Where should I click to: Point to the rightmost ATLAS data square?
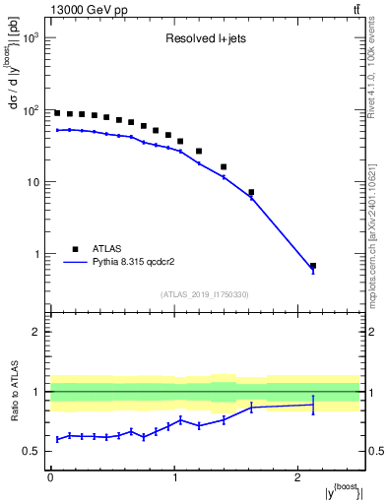click(x=313, y=266)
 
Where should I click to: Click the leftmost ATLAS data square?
click(x=57, y=113)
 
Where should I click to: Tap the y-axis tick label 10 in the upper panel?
click(x=32, y=182)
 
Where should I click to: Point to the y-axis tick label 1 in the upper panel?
click(x=35, y=254)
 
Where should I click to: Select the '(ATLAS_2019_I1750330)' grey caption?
click(x=204, y=294)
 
